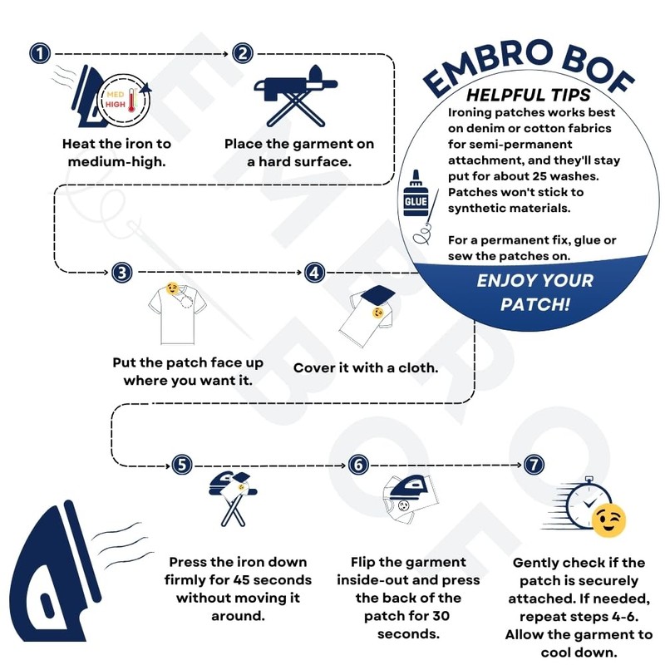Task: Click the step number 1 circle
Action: tap(40, 54)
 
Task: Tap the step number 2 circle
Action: tap(243, 54)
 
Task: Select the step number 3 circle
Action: tap(122, 273)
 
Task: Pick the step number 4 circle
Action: tap(315, 273)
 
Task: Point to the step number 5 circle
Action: tap(182, 465)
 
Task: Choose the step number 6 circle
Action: tap(358, 465)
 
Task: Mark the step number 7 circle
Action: tap(534, 465)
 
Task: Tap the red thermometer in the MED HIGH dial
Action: tap(132, 101)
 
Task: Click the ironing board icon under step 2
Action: tap(296, 96)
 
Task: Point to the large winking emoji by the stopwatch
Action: tap(608, 520)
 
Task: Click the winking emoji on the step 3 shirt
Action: tap(172, 288)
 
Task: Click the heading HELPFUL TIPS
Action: tap(529, 95)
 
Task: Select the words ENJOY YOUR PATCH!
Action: tap(535, 293)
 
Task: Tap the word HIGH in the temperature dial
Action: tap(116, 105)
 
